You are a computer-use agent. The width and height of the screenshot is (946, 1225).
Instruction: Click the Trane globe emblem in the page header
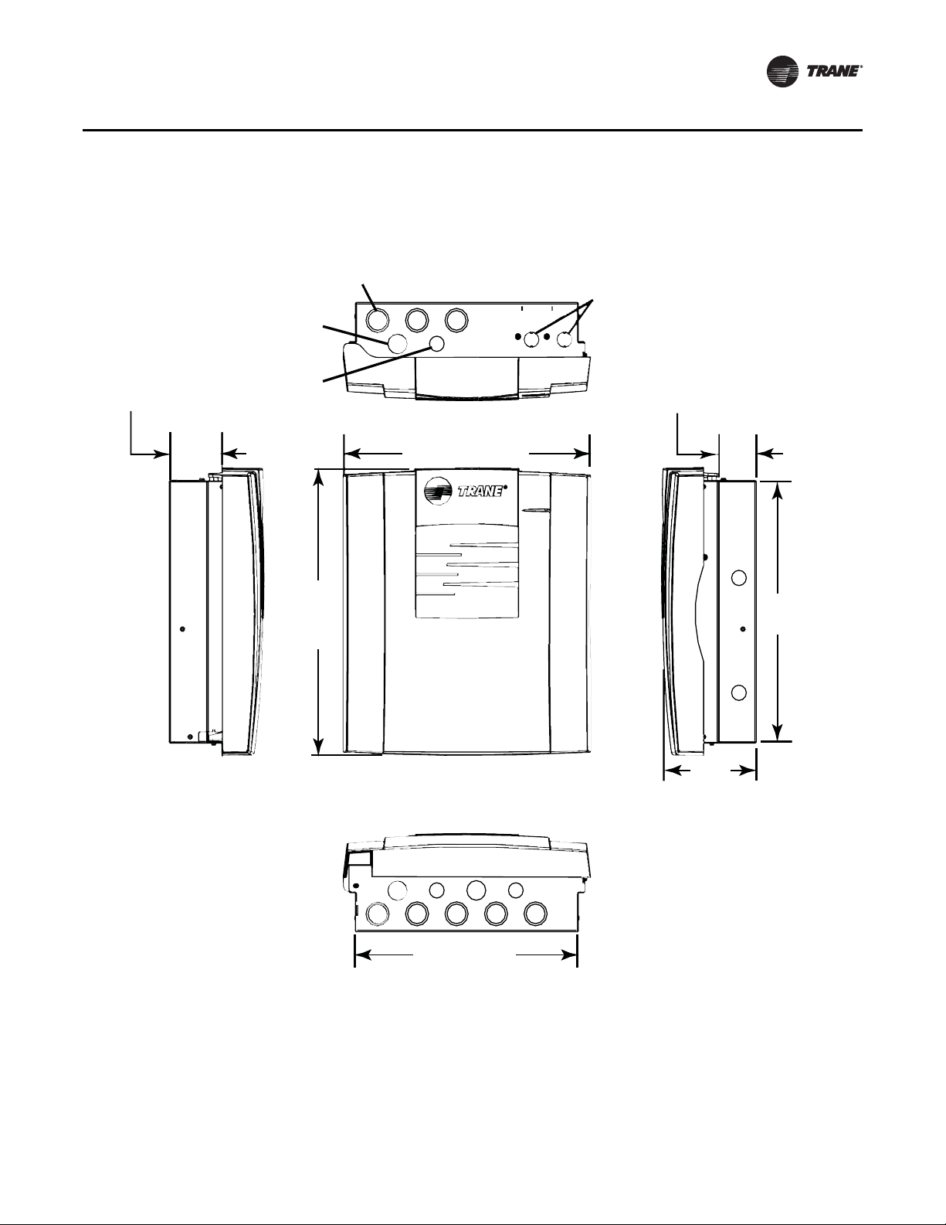tap(783, 72)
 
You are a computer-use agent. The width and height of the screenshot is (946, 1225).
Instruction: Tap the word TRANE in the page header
tap(832, 72)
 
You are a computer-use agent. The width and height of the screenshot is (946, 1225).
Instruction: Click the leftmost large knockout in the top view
tap(378, 320)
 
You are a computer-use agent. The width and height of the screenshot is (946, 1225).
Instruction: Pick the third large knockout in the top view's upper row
tap(456, 320)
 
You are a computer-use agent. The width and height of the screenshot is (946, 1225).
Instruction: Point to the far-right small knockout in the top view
tap(565, 339)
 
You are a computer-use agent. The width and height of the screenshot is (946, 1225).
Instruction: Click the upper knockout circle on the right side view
tap(738, 578)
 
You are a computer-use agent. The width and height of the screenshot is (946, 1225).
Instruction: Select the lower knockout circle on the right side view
tap(738, 692)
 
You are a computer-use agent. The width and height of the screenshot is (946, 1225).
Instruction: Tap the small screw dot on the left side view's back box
tap(182, 628)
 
